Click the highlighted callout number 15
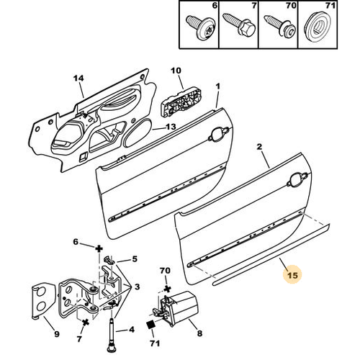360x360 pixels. [x=292, y=274]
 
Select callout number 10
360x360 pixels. [x=176, y=71]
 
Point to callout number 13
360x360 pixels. [x=171, y=127]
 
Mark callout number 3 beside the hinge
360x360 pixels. [x=137, y=287]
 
